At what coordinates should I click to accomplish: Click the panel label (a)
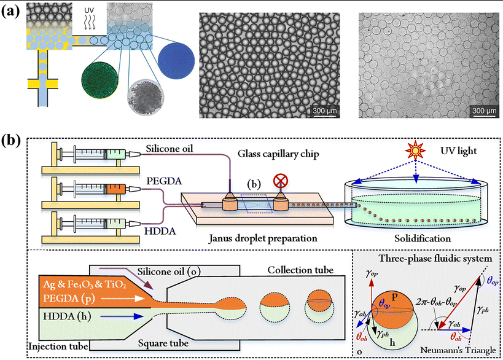[13, 12]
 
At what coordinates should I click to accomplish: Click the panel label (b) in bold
[13, 140]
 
